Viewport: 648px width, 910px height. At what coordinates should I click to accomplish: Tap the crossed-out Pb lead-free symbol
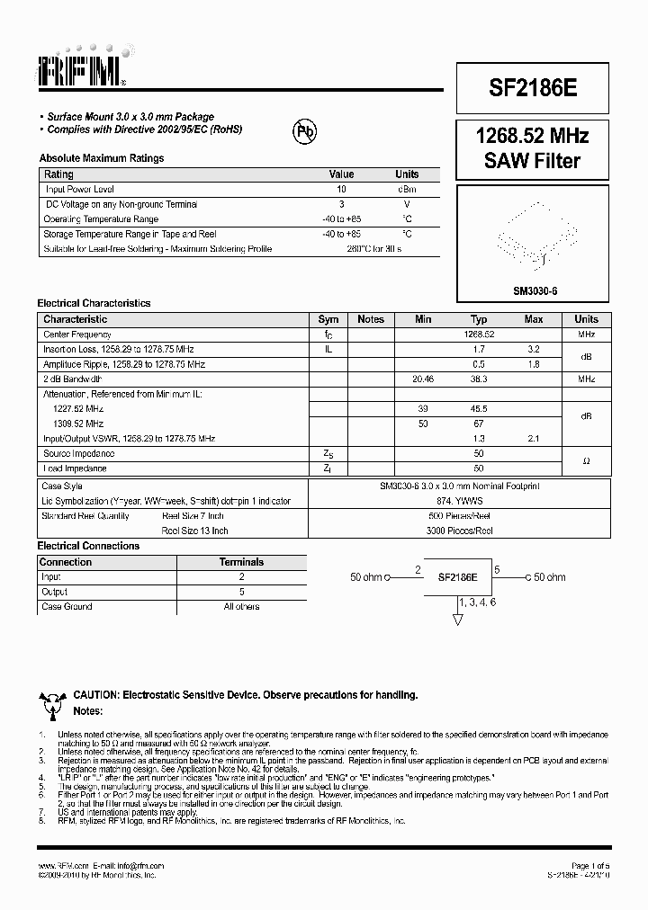click(x=305, y=132)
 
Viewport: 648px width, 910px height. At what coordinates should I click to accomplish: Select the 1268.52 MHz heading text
click(x=533, y=137)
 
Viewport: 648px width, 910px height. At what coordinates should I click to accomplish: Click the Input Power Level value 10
click(x=341, y=190)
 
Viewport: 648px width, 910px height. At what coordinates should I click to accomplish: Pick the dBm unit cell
click(x=407, y=190)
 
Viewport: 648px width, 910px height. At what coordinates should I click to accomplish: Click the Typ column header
click(x=479, y=319)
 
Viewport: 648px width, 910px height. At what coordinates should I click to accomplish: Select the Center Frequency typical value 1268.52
click(x=479, y=334)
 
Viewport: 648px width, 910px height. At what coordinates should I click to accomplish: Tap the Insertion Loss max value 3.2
click(x=533, y=349)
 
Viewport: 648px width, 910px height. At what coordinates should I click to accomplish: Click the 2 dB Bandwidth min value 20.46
click(x=423, y=379)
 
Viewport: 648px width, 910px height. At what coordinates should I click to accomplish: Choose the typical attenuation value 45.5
click(x=479, y=408)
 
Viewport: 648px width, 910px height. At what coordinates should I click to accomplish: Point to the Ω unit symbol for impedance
click(x=586, y=461)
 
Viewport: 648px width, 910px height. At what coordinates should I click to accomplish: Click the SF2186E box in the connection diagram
click(x=457, y=576)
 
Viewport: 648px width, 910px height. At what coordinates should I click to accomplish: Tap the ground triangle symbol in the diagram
click(x=457, y=620)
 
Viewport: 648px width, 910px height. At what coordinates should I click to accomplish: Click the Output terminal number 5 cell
click(x=241, y=592)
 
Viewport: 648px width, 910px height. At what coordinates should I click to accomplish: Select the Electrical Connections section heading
click(x=88, y=546)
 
